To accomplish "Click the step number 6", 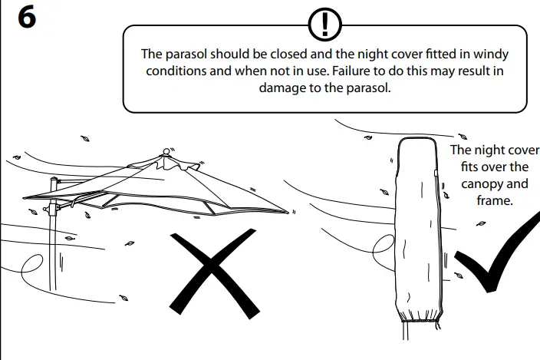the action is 27,18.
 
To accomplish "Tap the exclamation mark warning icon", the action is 324,25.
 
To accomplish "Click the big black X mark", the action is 214,273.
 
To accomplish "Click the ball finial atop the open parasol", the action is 166,151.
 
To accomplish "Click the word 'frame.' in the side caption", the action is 495,200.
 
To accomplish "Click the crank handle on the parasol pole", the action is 46,209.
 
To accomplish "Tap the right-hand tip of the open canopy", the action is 288,212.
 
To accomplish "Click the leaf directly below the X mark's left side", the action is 123,298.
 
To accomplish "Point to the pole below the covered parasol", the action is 406,331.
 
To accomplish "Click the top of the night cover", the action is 417,138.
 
